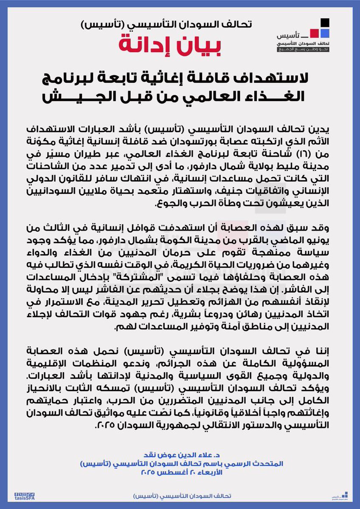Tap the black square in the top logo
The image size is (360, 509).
click(x=325, y=22)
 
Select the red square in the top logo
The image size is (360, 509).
click(x=315, y=33)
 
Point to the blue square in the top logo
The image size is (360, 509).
click(x=325, y=33)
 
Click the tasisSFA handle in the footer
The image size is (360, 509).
click(x=25, y=498)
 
